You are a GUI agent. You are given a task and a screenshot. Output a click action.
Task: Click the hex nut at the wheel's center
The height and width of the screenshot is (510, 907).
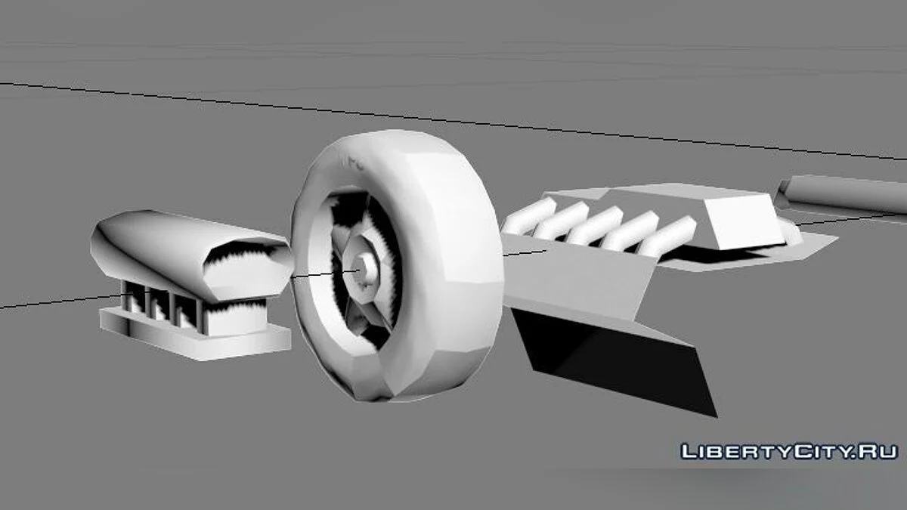click(x=361, y=270)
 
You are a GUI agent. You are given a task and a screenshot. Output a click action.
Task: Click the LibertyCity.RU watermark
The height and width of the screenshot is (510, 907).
click(x=789, y=452)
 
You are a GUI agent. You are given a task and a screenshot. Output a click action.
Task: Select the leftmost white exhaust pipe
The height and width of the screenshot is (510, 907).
click(x=530, y=217)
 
